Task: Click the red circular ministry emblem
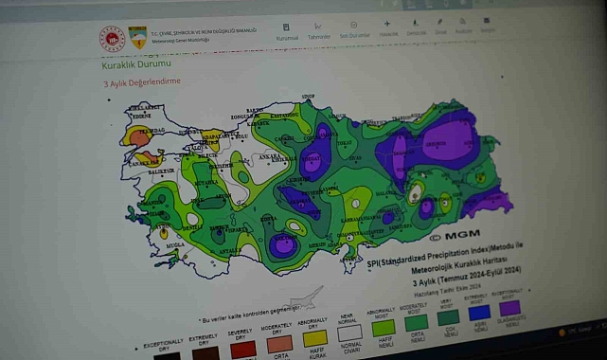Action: [x=113, y=39]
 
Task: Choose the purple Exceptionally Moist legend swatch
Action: [x=510, y=307]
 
